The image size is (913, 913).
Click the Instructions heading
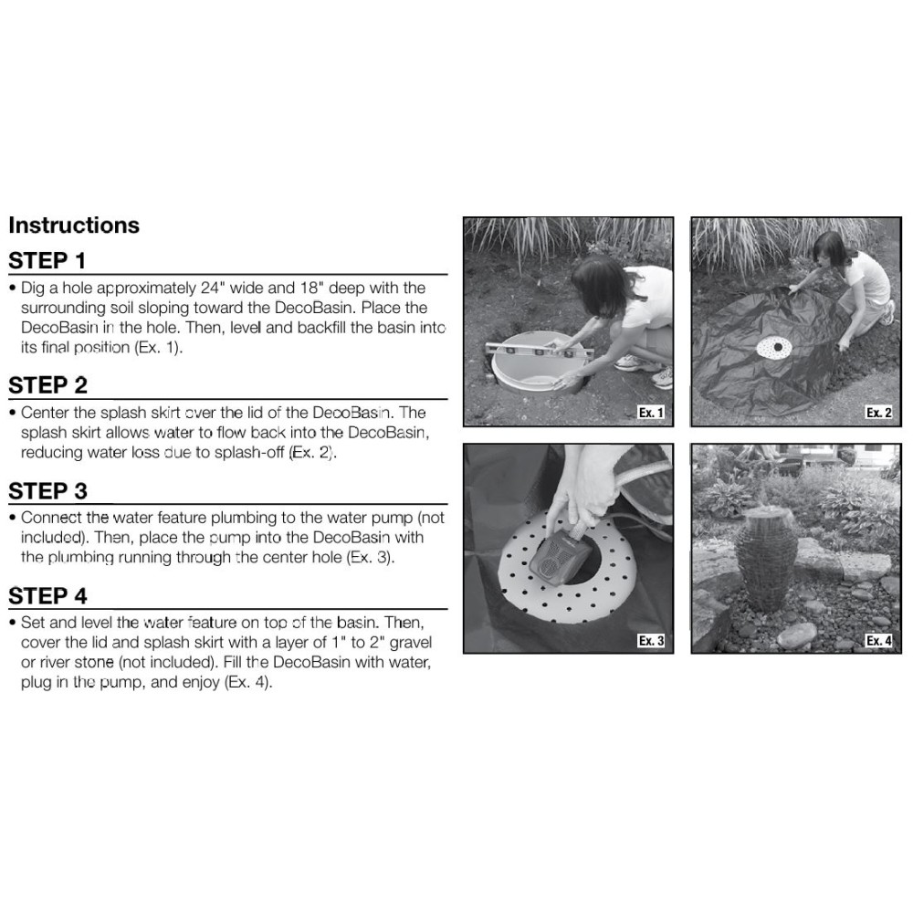pos(74,226)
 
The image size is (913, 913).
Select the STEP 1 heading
pos(47,261)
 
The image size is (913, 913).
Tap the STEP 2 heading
pos(47,385)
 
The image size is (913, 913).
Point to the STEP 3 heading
pos(47,491)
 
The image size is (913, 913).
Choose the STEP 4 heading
pos(47,596)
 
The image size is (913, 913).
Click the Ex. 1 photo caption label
pos(651,413)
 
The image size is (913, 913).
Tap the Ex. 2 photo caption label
pos(878,413)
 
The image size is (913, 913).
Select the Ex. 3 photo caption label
pos(651,641)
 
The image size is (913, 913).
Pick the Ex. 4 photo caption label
pos(878,641)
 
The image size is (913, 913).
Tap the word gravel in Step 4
pos(411,644)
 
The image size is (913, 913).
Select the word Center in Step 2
pos(46,413)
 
